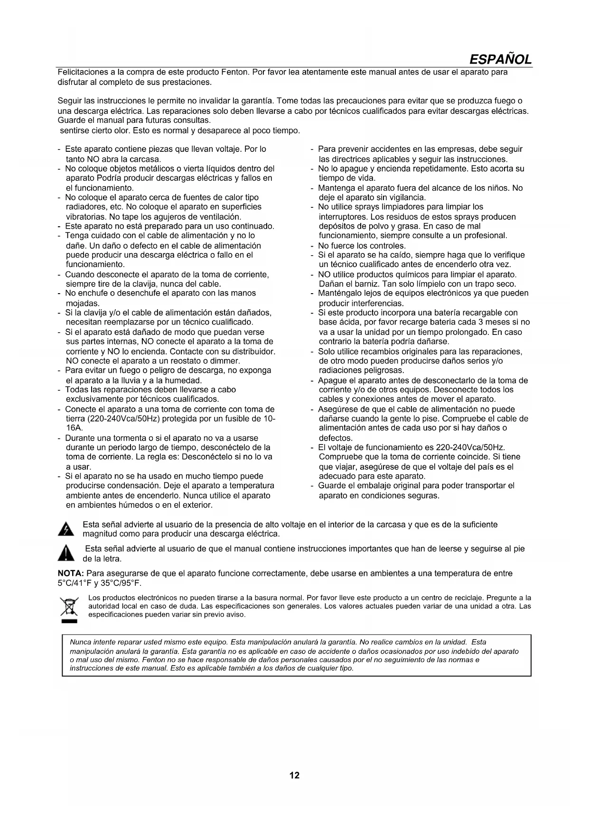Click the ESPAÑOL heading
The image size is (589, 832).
pos(500,60)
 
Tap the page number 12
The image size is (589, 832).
pos(294,776)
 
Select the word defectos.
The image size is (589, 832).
pos(336,438)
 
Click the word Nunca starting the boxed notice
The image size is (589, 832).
pos(79,642)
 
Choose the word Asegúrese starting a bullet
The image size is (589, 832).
pos(339,409)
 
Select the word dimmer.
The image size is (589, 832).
pos(226,361)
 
